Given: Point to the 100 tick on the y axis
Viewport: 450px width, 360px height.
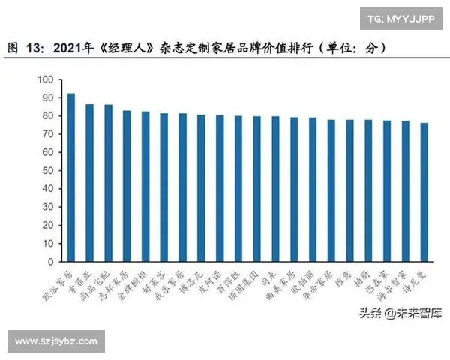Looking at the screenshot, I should (45, 79).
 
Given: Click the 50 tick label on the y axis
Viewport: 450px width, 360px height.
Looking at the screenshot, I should (47, 170).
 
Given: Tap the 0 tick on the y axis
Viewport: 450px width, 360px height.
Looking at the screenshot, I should (50, 261).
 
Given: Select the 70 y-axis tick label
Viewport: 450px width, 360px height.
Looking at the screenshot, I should (47, 134).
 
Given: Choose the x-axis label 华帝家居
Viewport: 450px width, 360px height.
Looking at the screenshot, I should (323, 281).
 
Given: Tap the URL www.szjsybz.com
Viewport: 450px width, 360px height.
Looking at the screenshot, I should (56, 341).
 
